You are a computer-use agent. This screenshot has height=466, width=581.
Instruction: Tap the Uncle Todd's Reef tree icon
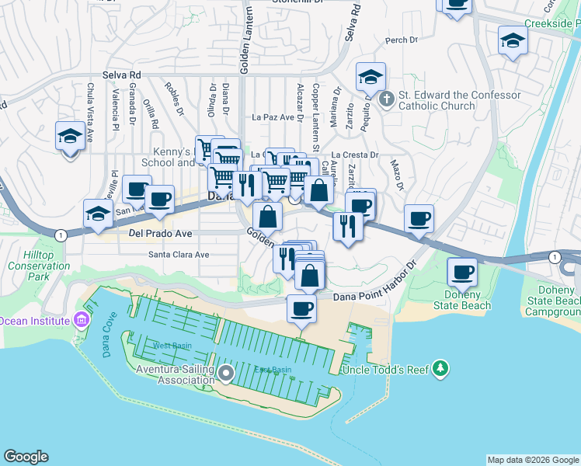(440, 367)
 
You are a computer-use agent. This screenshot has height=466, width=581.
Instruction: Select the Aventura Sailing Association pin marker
(226, 374)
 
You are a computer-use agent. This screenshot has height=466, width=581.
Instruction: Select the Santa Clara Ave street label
(180, 254)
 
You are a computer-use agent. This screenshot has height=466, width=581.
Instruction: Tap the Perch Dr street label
(401, 40)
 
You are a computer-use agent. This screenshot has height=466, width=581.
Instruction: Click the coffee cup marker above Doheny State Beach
(462, 273)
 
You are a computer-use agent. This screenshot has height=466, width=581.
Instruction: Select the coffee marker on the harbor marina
(301, 309)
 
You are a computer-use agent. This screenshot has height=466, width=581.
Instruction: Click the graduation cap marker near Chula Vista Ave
(71, 137)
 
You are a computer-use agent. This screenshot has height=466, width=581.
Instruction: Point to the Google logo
(26, 457)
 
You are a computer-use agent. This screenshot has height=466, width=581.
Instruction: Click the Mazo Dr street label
(398, 176)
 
